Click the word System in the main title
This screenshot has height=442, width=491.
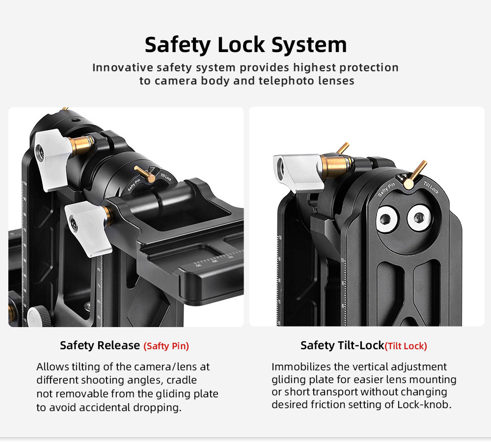point(309,45)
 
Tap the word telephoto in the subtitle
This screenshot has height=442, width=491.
point(286,81)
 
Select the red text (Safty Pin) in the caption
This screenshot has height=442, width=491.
point(166,346)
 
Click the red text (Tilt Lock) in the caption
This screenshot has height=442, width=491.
point(406,346)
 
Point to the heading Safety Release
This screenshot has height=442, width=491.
point(100,345)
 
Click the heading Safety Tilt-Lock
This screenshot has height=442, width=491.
point(342,345)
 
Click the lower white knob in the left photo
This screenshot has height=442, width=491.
point(88,228)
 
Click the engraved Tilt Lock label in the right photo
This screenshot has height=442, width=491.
point(431,187)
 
